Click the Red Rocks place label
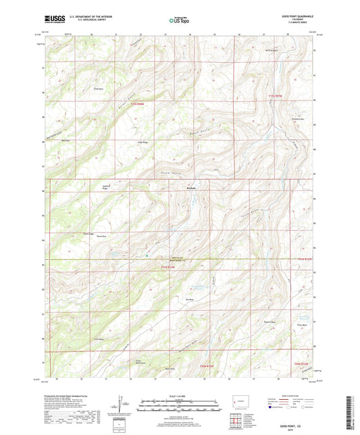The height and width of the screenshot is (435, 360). point(172,188)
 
